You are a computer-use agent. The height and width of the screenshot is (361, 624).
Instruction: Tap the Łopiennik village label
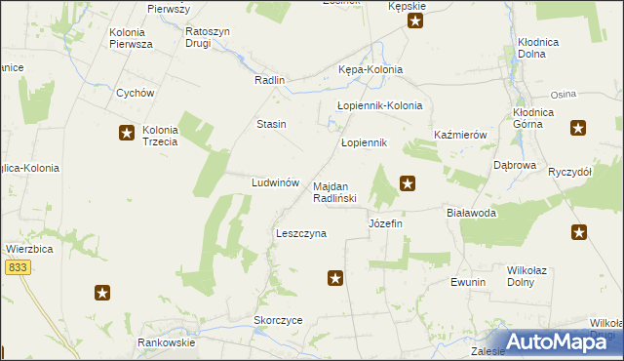tap(365, 142)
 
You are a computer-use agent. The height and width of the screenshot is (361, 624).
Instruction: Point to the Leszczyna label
tap(301, 234)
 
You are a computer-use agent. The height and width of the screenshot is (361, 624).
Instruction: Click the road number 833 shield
tap(17, 265)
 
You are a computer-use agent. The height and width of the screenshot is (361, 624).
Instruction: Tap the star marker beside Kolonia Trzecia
tap(127, 133)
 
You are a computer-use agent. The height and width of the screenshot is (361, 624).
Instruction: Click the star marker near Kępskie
tap(415, 20)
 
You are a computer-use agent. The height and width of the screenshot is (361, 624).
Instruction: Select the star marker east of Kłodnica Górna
tap(579, 127)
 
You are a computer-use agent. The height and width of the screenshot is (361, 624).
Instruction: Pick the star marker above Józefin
tap(408, 181)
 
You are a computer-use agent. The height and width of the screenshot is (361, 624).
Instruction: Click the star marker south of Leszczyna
tap(335, 279)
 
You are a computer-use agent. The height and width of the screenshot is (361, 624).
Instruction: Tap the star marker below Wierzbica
tap(102, 292)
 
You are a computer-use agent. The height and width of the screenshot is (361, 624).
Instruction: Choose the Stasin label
tap(271, 124)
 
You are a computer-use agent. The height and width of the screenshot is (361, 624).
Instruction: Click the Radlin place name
tap(268, 81)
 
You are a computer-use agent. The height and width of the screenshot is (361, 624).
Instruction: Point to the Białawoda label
tap(471, 213)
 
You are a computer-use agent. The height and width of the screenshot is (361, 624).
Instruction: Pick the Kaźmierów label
tap(460, 135)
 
